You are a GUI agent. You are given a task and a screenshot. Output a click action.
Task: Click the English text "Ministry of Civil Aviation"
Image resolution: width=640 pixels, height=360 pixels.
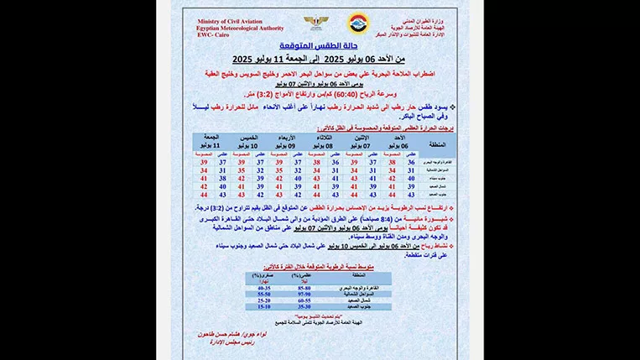click(237, 21)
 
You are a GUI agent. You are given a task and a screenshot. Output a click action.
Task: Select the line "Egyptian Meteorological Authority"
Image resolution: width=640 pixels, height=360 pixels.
click(237, 28)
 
